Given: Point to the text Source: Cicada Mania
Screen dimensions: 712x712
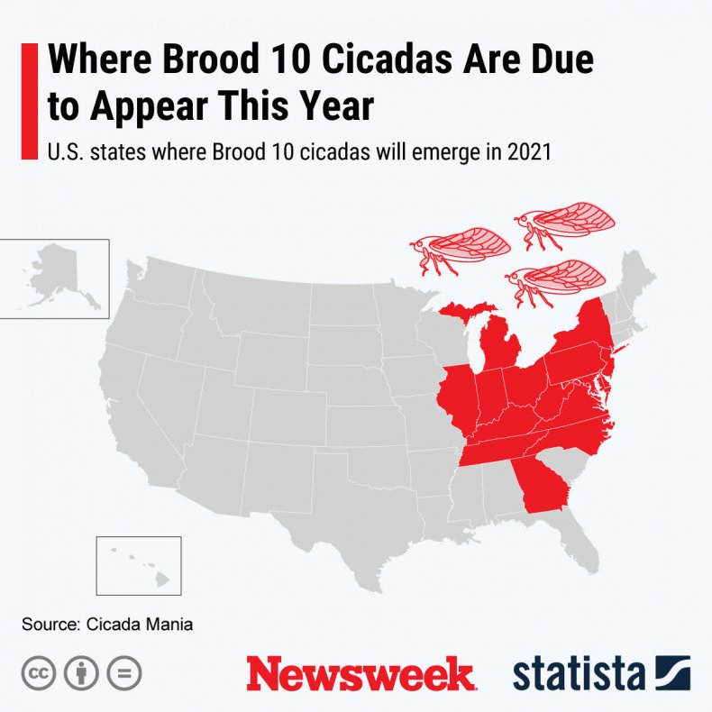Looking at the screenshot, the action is click(108, 624).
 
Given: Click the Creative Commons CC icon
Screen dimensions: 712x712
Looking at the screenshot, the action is click(37, 673).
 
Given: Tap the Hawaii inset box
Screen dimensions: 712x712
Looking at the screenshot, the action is click(139, 565).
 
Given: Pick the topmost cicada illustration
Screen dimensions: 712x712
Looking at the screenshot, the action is click(564, 221).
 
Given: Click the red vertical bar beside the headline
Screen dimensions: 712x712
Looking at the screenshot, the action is click(28, 100).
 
